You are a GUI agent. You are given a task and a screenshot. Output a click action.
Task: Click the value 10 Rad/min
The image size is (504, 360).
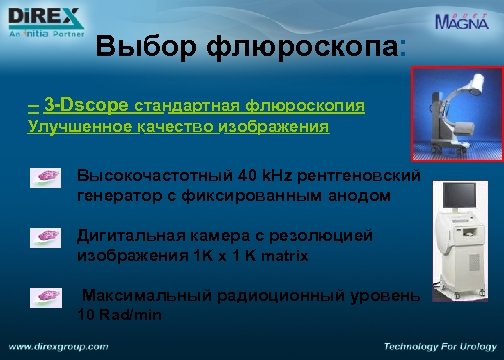pos(119,315)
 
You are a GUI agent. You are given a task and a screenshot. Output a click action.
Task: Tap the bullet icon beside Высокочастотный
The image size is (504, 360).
pos(46,177)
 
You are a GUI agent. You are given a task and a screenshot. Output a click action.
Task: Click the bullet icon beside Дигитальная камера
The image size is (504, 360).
pos(46,238)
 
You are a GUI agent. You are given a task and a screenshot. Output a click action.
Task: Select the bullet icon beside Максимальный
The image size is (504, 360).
pos(46,298)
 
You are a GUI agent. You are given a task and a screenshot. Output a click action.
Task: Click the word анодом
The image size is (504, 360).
pos(354,196)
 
